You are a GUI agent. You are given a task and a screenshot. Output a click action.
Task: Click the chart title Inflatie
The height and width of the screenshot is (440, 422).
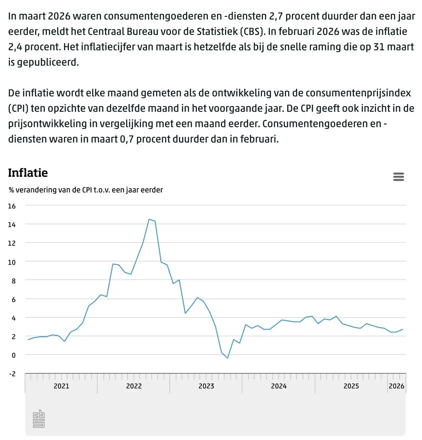coord(28,173)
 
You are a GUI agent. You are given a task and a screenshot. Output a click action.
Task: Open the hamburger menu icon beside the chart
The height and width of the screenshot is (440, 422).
coord(398,177)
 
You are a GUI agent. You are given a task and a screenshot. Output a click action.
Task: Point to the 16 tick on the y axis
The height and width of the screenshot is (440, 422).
coord(12,206)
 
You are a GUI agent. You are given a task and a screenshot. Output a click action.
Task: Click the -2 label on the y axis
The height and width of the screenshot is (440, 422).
coord(12,374)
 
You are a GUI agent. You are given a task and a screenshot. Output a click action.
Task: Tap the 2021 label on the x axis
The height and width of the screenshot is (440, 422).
coord(62,386)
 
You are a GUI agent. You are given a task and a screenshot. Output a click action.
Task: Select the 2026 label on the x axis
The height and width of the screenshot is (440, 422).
coord(396,386)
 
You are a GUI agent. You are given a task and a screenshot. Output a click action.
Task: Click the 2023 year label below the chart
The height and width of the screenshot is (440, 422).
coord(206,386)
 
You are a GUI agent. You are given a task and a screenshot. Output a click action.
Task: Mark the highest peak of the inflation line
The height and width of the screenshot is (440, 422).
coord(149,219)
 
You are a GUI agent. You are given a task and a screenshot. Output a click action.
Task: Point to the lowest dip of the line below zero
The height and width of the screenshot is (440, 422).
coord(227,358)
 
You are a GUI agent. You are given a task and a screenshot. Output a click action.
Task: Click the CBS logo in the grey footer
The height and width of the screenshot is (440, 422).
coord(38,418)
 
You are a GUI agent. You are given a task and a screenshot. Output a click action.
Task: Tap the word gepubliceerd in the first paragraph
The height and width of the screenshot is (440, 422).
coord(48,62)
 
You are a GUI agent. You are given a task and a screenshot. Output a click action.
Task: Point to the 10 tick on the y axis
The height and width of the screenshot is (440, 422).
coord(12,262)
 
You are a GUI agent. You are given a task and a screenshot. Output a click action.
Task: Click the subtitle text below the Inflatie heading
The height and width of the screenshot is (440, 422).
coord(86,190)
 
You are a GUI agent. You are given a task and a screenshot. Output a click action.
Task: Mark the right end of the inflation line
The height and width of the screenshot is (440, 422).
coord(403,329)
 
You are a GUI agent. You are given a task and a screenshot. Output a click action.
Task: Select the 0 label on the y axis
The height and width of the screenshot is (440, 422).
coord(14,355)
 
